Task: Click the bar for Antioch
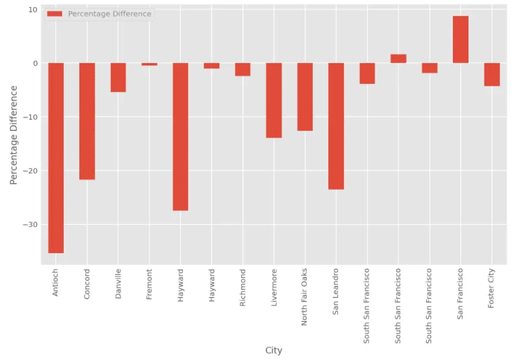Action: point(56,158)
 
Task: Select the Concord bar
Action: point(87,121)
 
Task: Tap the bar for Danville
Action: point(118,77)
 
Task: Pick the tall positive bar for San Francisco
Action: point(461,39)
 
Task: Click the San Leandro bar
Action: point(336,126)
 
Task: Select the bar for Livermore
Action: point(274,100)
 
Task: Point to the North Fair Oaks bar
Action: point(305,97)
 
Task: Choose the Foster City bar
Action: point(492,75)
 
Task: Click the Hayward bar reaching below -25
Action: point(181,136)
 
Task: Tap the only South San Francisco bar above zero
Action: point(398,58)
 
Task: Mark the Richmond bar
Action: point(243,69)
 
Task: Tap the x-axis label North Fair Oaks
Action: point(305,296)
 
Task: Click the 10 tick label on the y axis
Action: point(33,10)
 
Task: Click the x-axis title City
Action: point(274,350)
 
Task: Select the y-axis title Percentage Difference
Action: point(14,135)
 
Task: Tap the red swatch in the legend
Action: point(55,14)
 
